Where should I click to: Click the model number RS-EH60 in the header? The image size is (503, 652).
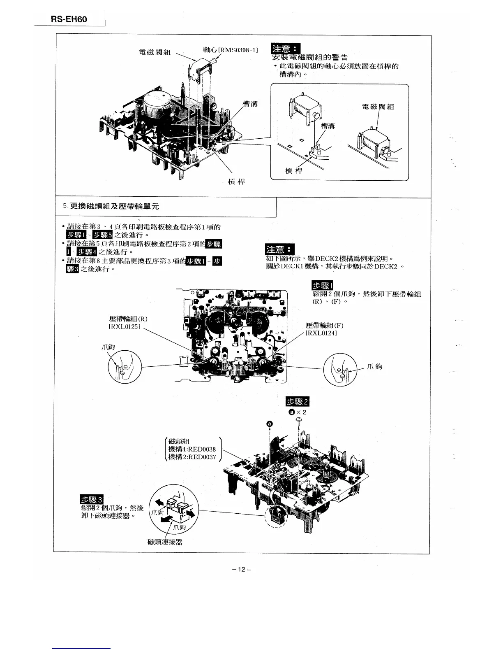tap(69, 19)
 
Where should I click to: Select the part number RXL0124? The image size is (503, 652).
tap(321, 333)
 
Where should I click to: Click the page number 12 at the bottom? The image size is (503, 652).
tap(241, 569)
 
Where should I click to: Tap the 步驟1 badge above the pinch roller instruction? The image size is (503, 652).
tap(323, 286)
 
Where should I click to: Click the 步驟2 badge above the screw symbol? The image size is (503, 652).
tap(297, 402)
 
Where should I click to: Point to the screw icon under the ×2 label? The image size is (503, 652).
tap(299, 419)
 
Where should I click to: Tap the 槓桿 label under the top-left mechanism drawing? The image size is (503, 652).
tap(236, 182)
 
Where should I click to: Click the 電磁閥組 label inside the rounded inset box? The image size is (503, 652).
tap(378, 107)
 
